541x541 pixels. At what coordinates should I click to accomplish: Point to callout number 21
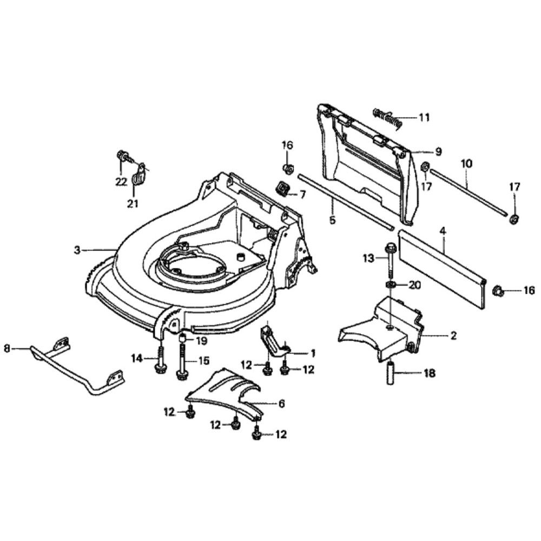coord(133,203)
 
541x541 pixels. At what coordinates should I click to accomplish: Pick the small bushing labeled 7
coord(282,189)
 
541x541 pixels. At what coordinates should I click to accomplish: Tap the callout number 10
coord(466,162)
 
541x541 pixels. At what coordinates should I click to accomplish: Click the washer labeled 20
coord(390,285)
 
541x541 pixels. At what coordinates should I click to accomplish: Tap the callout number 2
coord(453,336)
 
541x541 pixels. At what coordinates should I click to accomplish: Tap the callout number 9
coord(438,152)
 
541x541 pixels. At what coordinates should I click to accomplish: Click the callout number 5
coord(332,220)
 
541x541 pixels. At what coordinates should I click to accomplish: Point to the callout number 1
coord(312,353)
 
